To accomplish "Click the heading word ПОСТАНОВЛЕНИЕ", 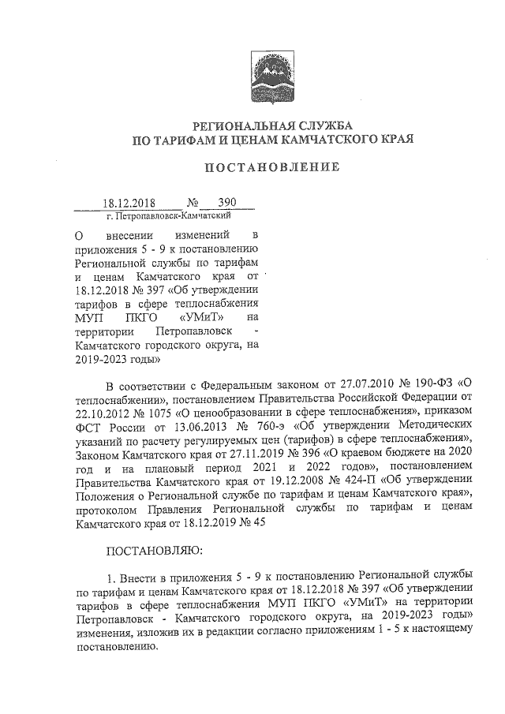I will (272, 167).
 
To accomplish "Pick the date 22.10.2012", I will (104, 414).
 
